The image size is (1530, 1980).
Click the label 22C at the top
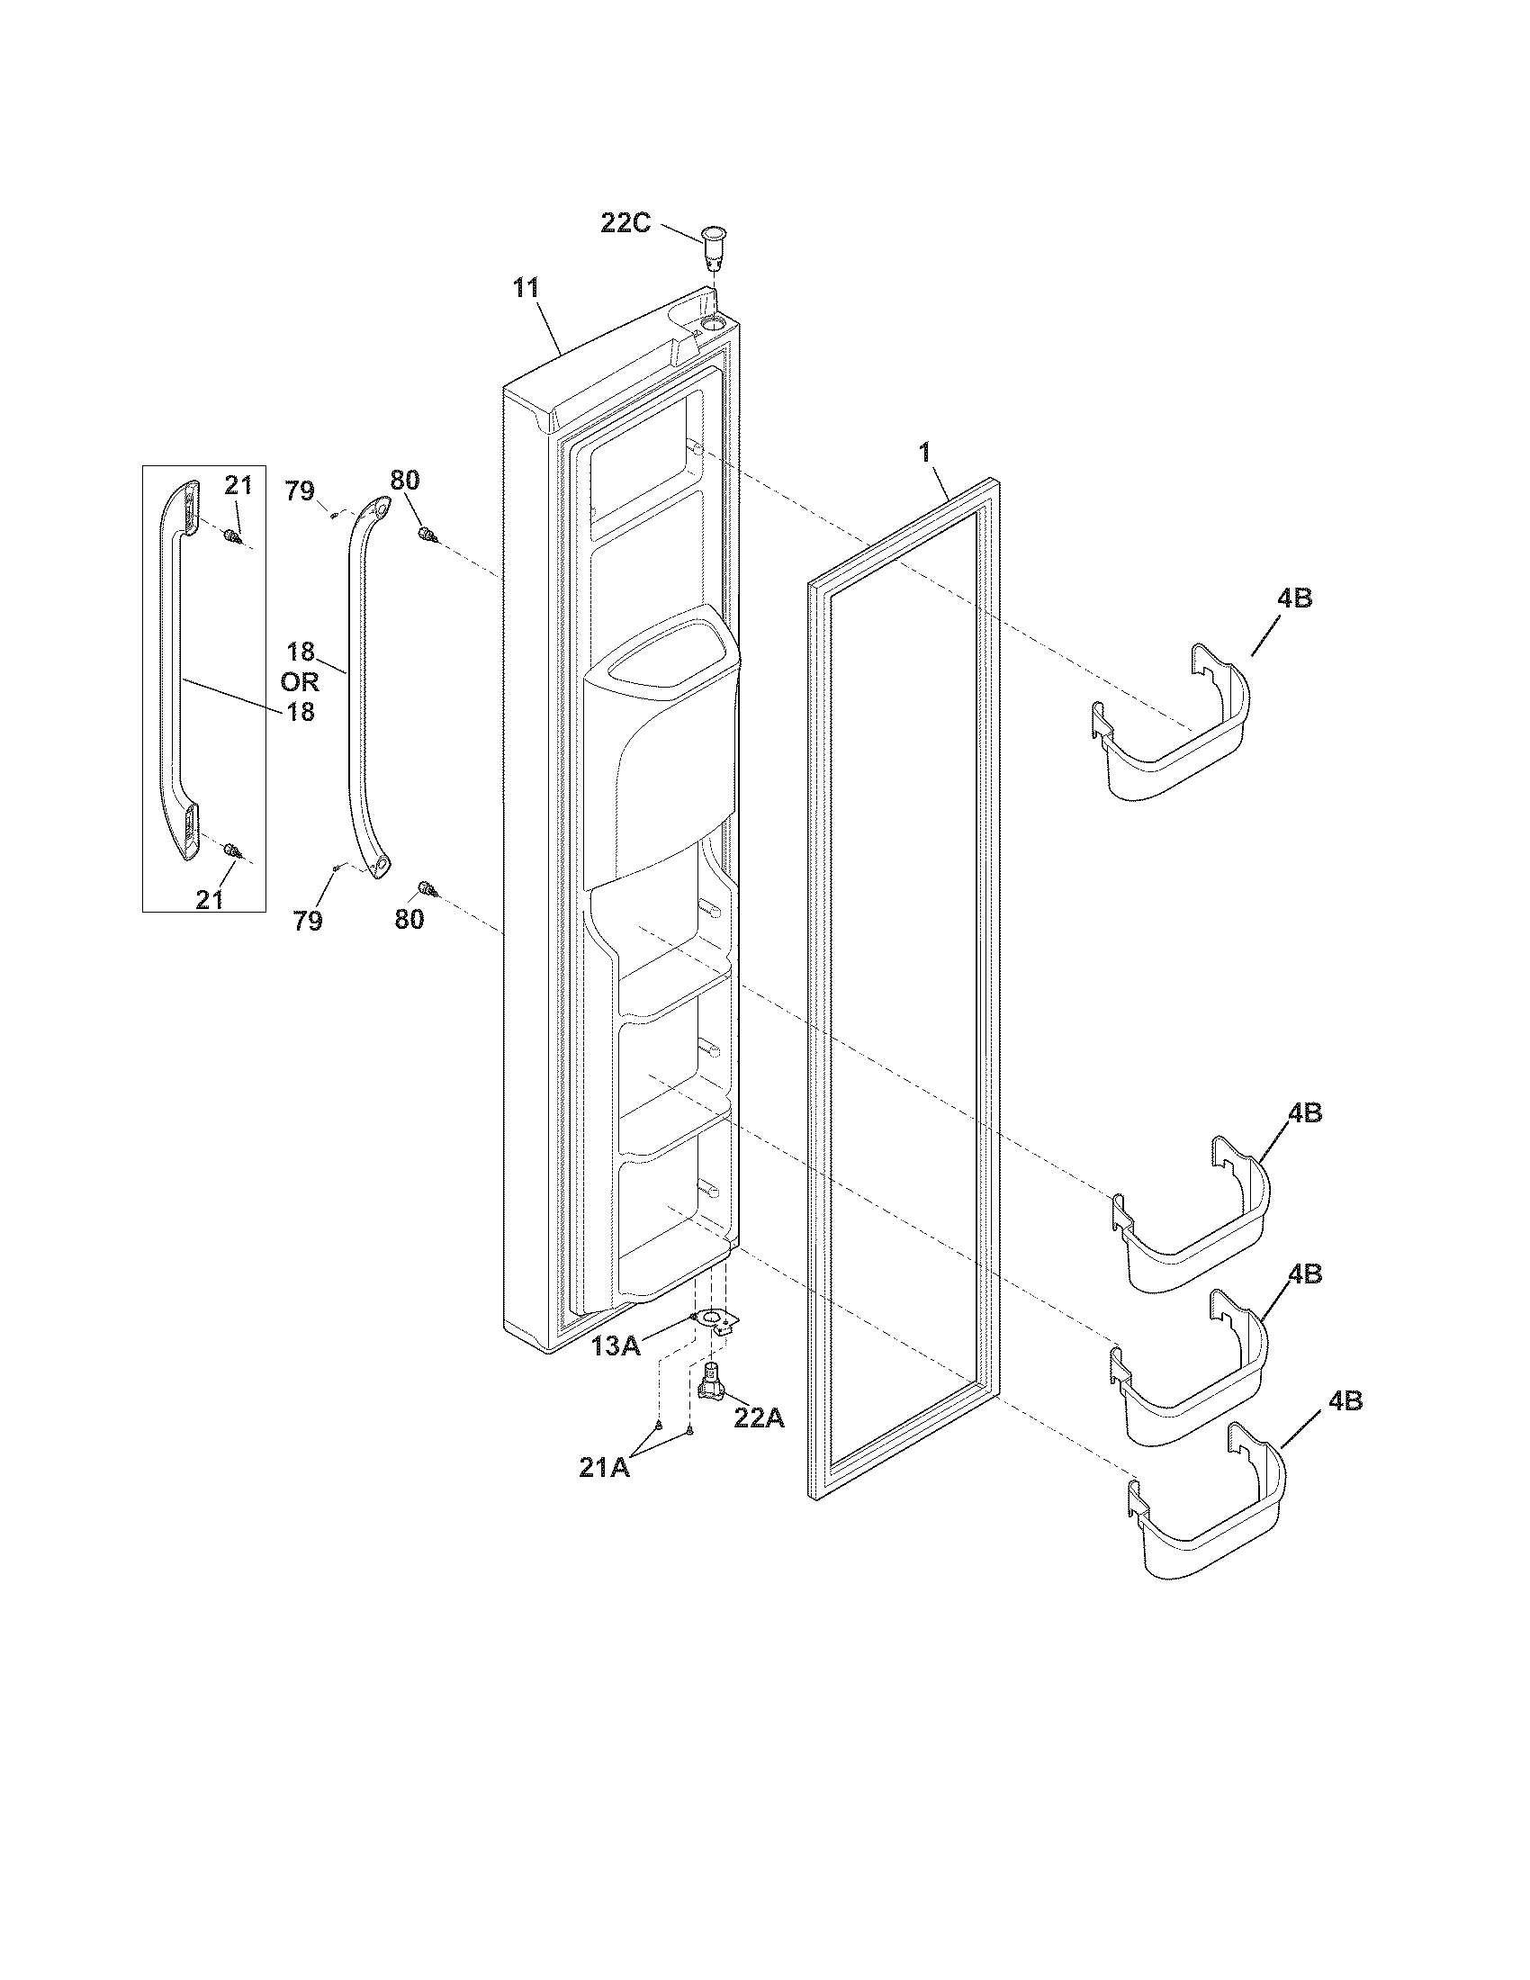click(x=625, y=222)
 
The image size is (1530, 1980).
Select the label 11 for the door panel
click(x=526, y=288)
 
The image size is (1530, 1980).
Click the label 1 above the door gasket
click(x=924, y=454)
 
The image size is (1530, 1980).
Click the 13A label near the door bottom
click(x=616, y=1346)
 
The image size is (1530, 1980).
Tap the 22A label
click(x=758, y=1417)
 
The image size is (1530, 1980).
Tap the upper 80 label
click(x=405, y=480)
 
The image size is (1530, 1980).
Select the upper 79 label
click(x=300, y=491)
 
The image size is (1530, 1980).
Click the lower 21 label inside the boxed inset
click(x=210, y=898)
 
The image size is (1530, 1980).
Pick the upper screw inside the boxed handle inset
click(x=232, y=535)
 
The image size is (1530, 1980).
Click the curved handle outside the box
click(x=357, y=689)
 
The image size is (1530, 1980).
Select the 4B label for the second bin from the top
click(x=1304, y=1113)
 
